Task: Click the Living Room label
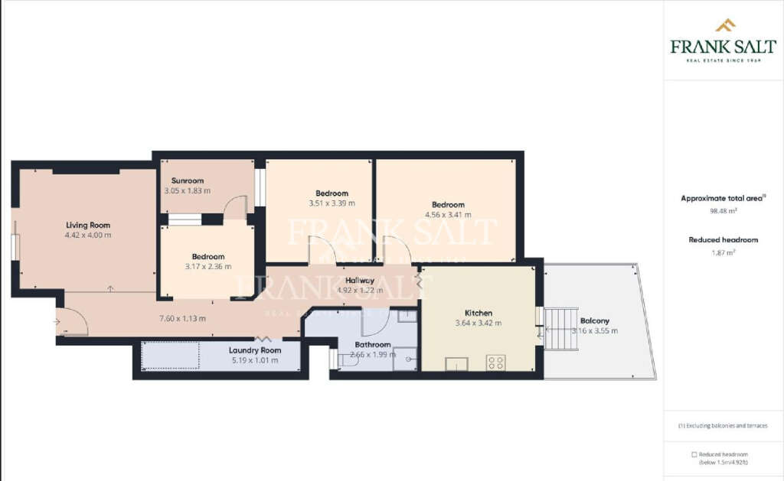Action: point(88,225)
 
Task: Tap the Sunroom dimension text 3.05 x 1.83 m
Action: point(187,190)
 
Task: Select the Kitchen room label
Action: point(479,313)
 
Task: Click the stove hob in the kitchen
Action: point(495,362)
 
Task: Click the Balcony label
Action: point(595,320)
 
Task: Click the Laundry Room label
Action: point(255,350)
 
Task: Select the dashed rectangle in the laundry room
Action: point(171,356)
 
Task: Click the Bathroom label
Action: point(373,345)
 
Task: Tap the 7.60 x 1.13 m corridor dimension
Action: point(182,318)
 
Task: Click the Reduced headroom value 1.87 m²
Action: point(723,252)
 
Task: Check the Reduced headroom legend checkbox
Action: point(694,454)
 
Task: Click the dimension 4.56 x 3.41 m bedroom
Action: point(448,215)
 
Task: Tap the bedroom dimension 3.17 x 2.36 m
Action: point(208,266)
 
